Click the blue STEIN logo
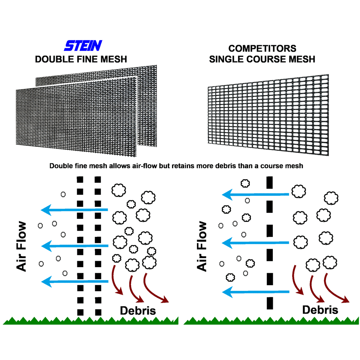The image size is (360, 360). (83, 45)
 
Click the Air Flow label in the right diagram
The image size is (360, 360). (203, 247)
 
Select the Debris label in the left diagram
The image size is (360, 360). (138, 310)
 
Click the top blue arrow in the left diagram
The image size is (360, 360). (74, 209)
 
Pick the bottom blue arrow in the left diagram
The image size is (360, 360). (74, 281)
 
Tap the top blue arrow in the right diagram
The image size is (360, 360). (255, 195)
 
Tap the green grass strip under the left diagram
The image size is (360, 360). (90, 321)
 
